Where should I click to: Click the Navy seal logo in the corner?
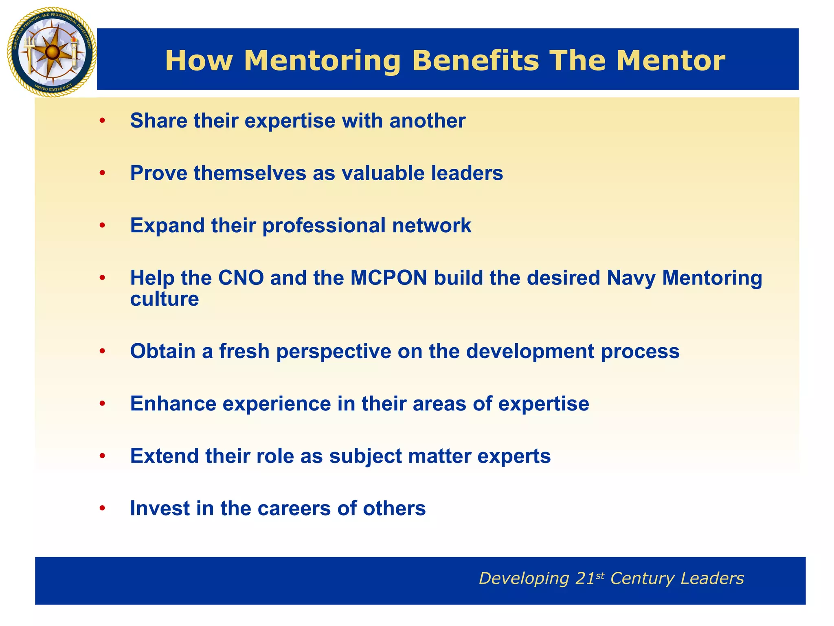click(x=52, y=52)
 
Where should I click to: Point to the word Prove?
click(x=158, y=173)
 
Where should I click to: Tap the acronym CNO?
click(x=241, y=278)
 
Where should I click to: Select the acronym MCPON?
click(x=388, y=278)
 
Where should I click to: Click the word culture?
click(x=164, y=299)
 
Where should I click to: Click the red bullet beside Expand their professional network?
click(x=102, y=225)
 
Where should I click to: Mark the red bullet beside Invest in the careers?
click(x=102, y=508)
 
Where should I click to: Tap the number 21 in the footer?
click(x=585, y=579)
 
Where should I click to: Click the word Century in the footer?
click(x=642, y=579)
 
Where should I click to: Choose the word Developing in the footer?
click(x=524, y=579)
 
